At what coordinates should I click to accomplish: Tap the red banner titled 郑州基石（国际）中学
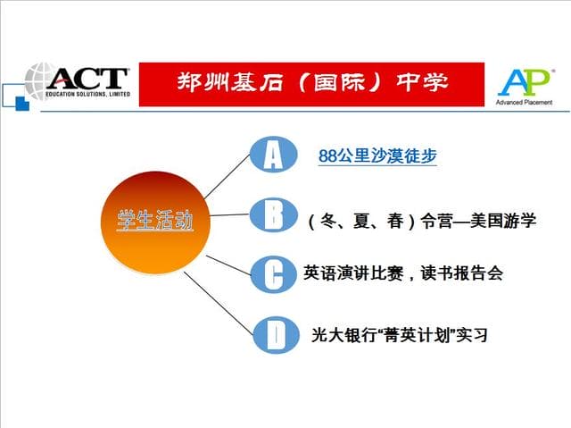click(311, 83)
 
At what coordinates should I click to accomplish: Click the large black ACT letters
click(89, 79)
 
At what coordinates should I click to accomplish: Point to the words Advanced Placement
click(525, 102)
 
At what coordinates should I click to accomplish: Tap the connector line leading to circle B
click(228, 215)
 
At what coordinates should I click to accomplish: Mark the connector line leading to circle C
click(228, 264)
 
